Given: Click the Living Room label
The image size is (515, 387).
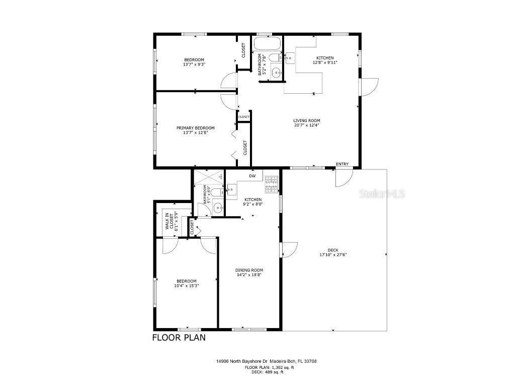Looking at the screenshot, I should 307,120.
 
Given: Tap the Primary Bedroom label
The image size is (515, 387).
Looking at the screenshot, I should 195,128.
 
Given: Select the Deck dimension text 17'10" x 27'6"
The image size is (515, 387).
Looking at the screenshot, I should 333,254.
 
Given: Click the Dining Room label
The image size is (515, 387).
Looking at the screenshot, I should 249,270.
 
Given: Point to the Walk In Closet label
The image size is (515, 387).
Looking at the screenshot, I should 169,221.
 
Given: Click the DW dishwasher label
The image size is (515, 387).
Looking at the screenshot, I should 252,176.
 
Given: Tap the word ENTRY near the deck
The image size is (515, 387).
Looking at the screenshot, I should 342,164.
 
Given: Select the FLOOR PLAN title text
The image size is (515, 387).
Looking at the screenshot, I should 179,338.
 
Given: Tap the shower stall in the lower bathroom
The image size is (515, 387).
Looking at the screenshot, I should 209,177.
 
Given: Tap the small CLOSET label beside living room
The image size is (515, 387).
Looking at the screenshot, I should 244,117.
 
